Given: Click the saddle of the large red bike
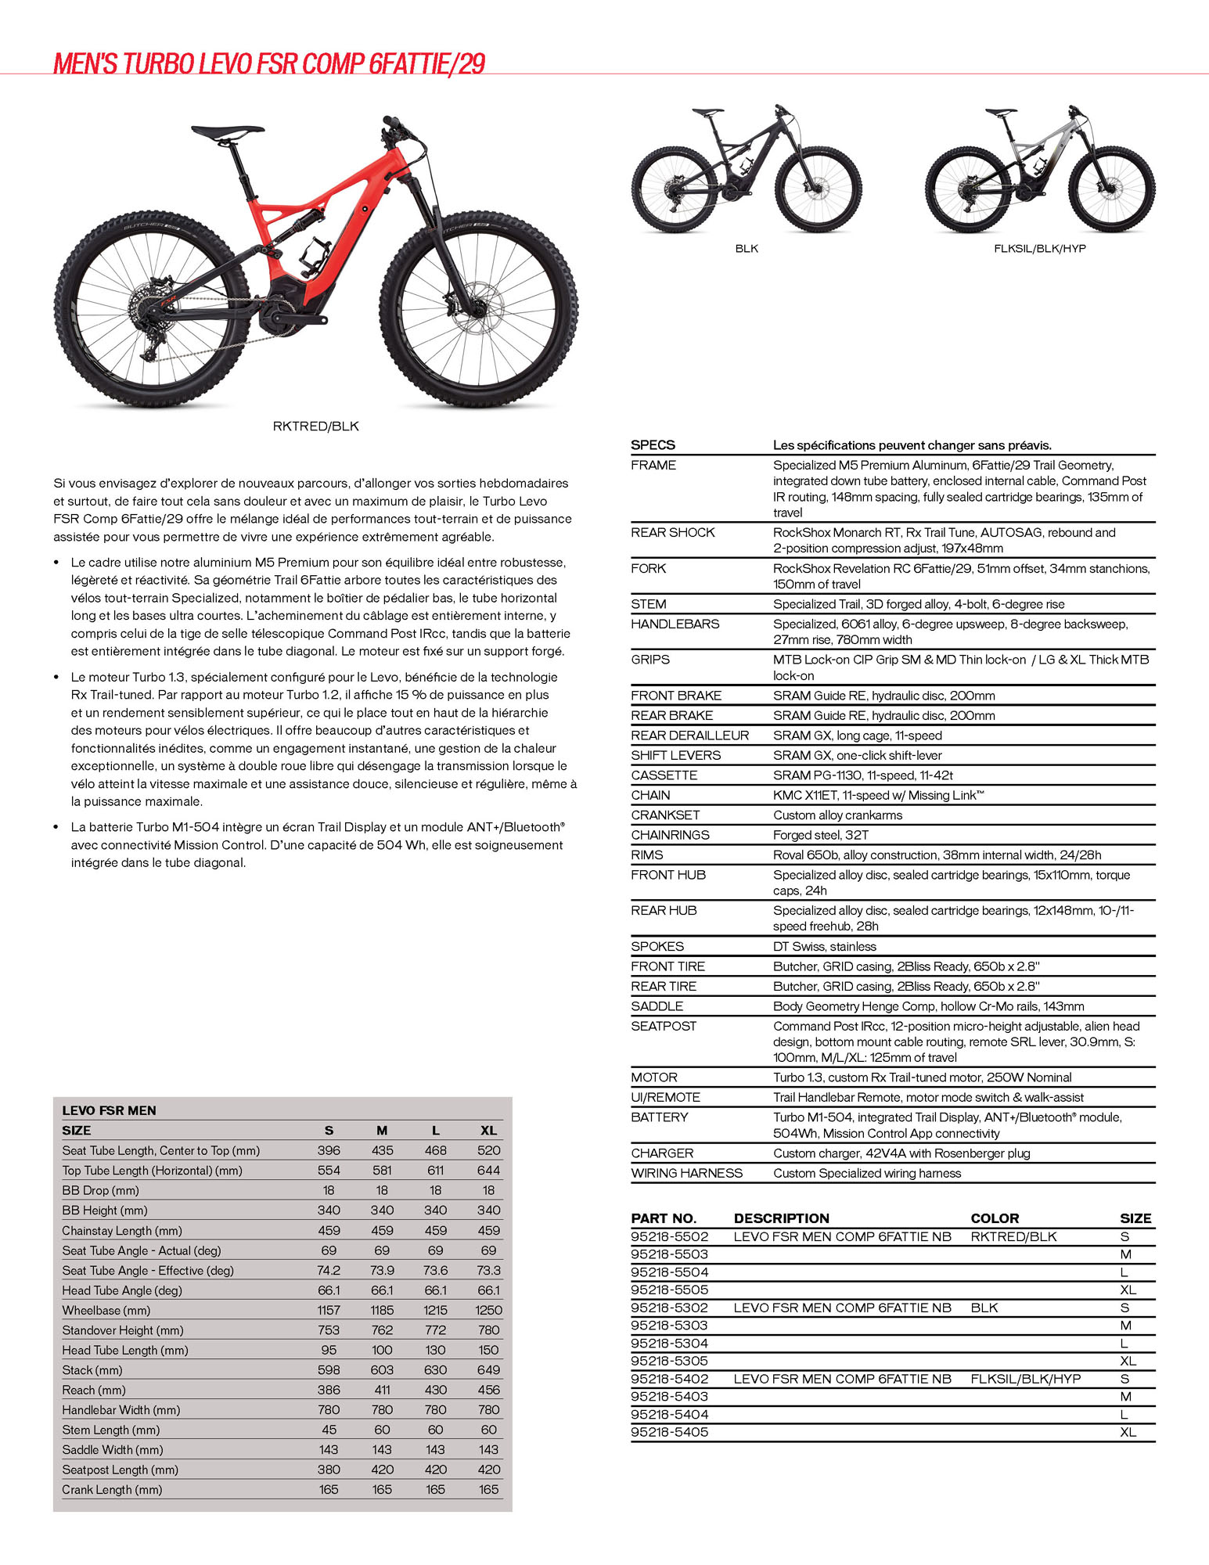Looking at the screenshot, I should coord(227,131).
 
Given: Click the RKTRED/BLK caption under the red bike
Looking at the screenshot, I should coord(315,426).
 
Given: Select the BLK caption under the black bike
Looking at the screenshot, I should coord(747,249).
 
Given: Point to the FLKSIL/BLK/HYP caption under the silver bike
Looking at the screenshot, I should coord(1039,249).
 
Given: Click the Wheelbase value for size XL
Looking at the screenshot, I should coord(488,1310).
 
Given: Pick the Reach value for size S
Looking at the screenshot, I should coord(329,1390).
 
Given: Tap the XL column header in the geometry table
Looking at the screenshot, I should coord(488,1130).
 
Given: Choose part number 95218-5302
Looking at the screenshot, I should coord(669,1308).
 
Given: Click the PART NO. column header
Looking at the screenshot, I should coord(664,1218).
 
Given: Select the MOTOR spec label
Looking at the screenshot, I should coord(654,1078).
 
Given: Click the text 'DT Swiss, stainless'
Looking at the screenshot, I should coord(824,947).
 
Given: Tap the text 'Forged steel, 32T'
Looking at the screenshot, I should coord(820,835).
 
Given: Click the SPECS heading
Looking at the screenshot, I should coord(653,445).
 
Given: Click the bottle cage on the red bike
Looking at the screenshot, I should coord(315,254).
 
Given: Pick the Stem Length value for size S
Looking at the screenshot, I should coord(329,1430).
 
